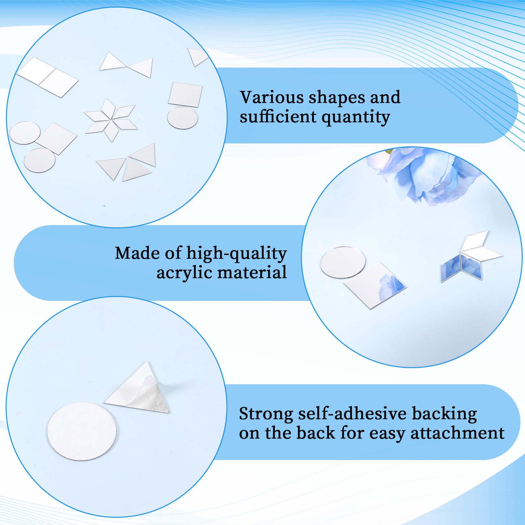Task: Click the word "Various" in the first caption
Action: [x=267, y=97]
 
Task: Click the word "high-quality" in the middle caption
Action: [x=237, y=254]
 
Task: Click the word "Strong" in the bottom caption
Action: [x=266, y=414]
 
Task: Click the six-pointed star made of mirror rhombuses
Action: [x=111, y=120]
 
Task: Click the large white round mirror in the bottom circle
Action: [x=82, y=431]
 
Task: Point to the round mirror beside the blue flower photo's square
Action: [x=343, y=262]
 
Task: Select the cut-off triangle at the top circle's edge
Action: [x=197, y=56]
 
